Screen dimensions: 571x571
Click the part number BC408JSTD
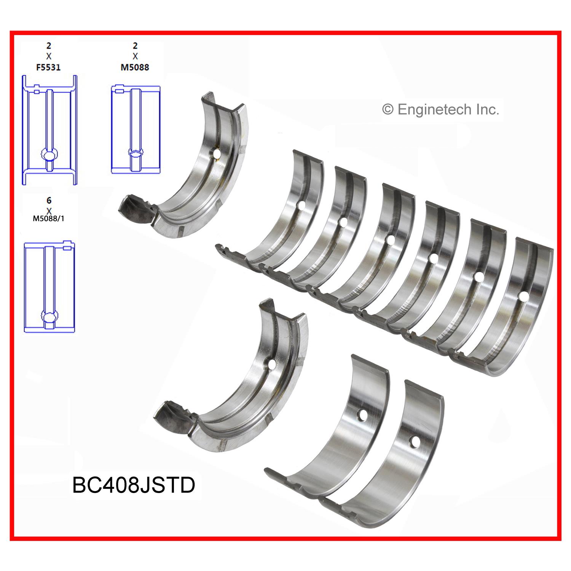134,485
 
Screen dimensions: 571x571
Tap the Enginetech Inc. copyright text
440,110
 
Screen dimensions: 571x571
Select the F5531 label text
49,67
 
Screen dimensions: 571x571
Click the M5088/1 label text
49,219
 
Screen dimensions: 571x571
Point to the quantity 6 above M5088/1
49,200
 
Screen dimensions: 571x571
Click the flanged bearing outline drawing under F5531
49,130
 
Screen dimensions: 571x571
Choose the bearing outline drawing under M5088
136,130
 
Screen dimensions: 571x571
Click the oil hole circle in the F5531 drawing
49,155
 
